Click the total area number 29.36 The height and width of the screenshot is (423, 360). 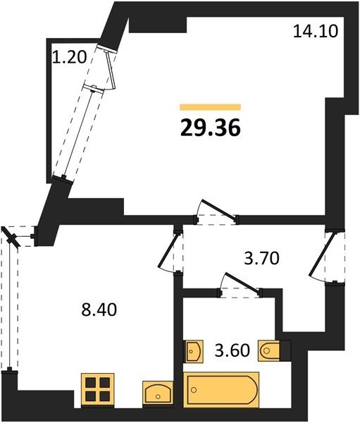pyautogui.click(x=211, y=128)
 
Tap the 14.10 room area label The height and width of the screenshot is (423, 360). pyautogui.click(x=315, y=31)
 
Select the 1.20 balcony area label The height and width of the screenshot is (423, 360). pyautogui.click(x=69, y=57)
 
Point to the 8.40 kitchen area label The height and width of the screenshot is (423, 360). pyautogui.click(x=99, y=309)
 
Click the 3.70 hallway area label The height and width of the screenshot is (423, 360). pyautogui.click(x=261, y=259)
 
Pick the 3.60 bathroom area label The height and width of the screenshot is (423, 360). pyautogui.click(x=232, y=350)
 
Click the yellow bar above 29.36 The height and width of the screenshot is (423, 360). pyautogui.click(x=211, y=107)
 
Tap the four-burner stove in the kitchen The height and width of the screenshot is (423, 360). pyautogui.click(x=98, y=389)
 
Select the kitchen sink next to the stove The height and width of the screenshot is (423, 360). pyautogui.click(x=158, y=393)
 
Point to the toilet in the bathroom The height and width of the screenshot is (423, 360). pyautogui.click(x=268, y=350)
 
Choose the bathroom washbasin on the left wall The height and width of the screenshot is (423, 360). pyautogui.click(x=193, y=351)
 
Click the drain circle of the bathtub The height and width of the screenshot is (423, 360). pyautogui.click(x=193, y=390)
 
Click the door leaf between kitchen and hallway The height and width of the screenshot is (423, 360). pyautogui.click(x=169, y=250)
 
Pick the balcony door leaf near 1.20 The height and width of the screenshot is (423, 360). pyautogui.click(x=111, y=70)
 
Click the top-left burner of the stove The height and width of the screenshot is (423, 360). pyautogui.click(x=91, y=382)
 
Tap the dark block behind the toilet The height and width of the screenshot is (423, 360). pyautogui.click(x=285, y=350)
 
